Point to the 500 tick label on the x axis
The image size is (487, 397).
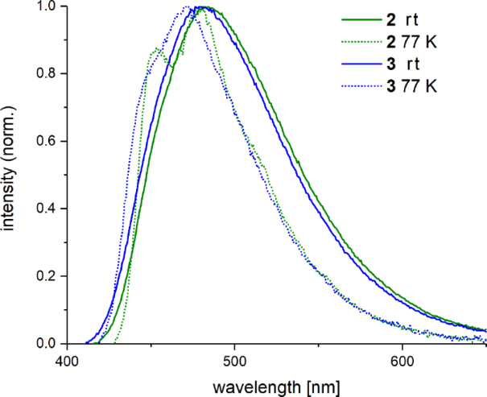234,362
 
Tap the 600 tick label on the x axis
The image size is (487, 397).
402,362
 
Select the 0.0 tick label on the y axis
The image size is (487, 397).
47,345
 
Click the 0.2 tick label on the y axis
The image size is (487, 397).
47,277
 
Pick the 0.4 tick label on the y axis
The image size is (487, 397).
47,209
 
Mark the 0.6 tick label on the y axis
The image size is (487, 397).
47,142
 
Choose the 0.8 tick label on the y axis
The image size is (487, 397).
47,74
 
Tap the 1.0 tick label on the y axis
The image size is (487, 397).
47,7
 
